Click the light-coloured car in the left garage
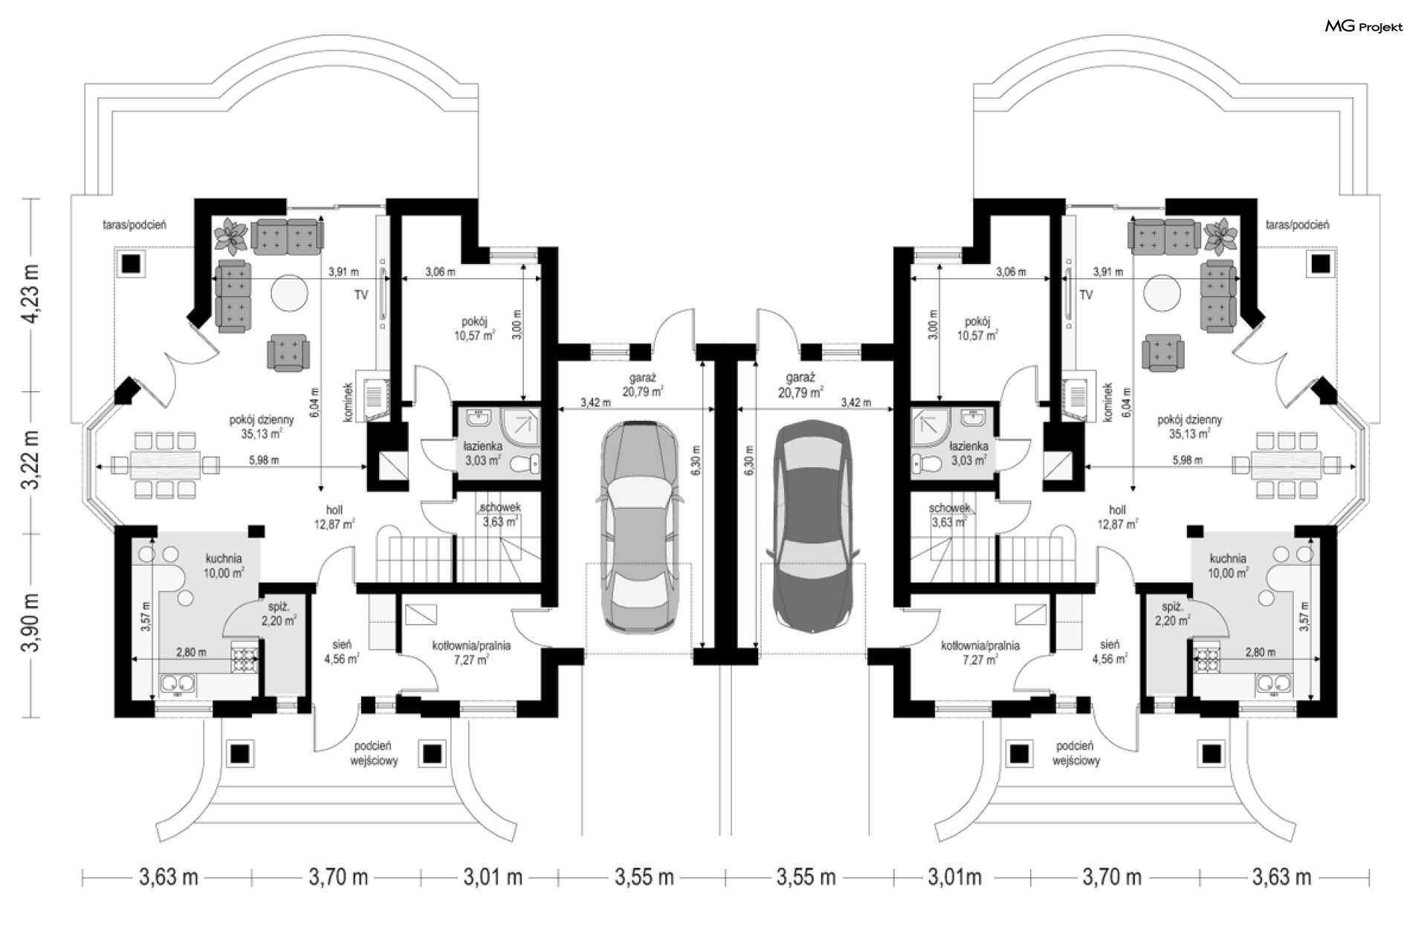coord(640,526)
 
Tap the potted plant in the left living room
coord(230,235)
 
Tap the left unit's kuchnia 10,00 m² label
coord(224,566)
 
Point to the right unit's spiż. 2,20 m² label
coord(1172,613)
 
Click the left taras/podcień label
coord(134,225)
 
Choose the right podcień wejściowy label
coord(1076,753)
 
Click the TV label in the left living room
coord(360,295)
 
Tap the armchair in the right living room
coord(1163,352)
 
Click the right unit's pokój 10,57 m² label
coord(977,329)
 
